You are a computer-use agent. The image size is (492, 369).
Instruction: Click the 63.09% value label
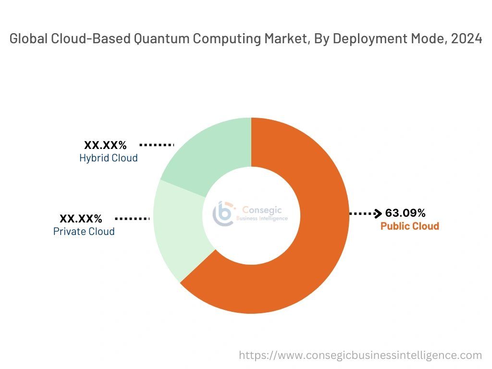(406, 213)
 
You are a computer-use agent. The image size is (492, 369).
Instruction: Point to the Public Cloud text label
(410, 226)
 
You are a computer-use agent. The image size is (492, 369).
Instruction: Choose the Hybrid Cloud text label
(109, 158)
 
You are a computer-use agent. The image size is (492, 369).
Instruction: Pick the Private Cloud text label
(84, 232)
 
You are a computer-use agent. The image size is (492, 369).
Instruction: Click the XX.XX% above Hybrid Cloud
(105, 145)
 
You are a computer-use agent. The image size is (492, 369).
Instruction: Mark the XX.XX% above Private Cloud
(81, 219)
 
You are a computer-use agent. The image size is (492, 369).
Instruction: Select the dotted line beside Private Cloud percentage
(132, 219)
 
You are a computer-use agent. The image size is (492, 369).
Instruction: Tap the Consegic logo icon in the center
(224, 214)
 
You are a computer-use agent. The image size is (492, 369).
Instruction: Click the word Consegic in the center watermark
(262, 209)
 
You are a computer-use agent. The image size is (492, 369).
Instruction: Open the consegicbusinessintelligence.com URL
(360, 356)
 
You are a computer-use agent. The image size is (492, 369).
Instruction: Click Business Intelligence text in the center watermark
(262, 219)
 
